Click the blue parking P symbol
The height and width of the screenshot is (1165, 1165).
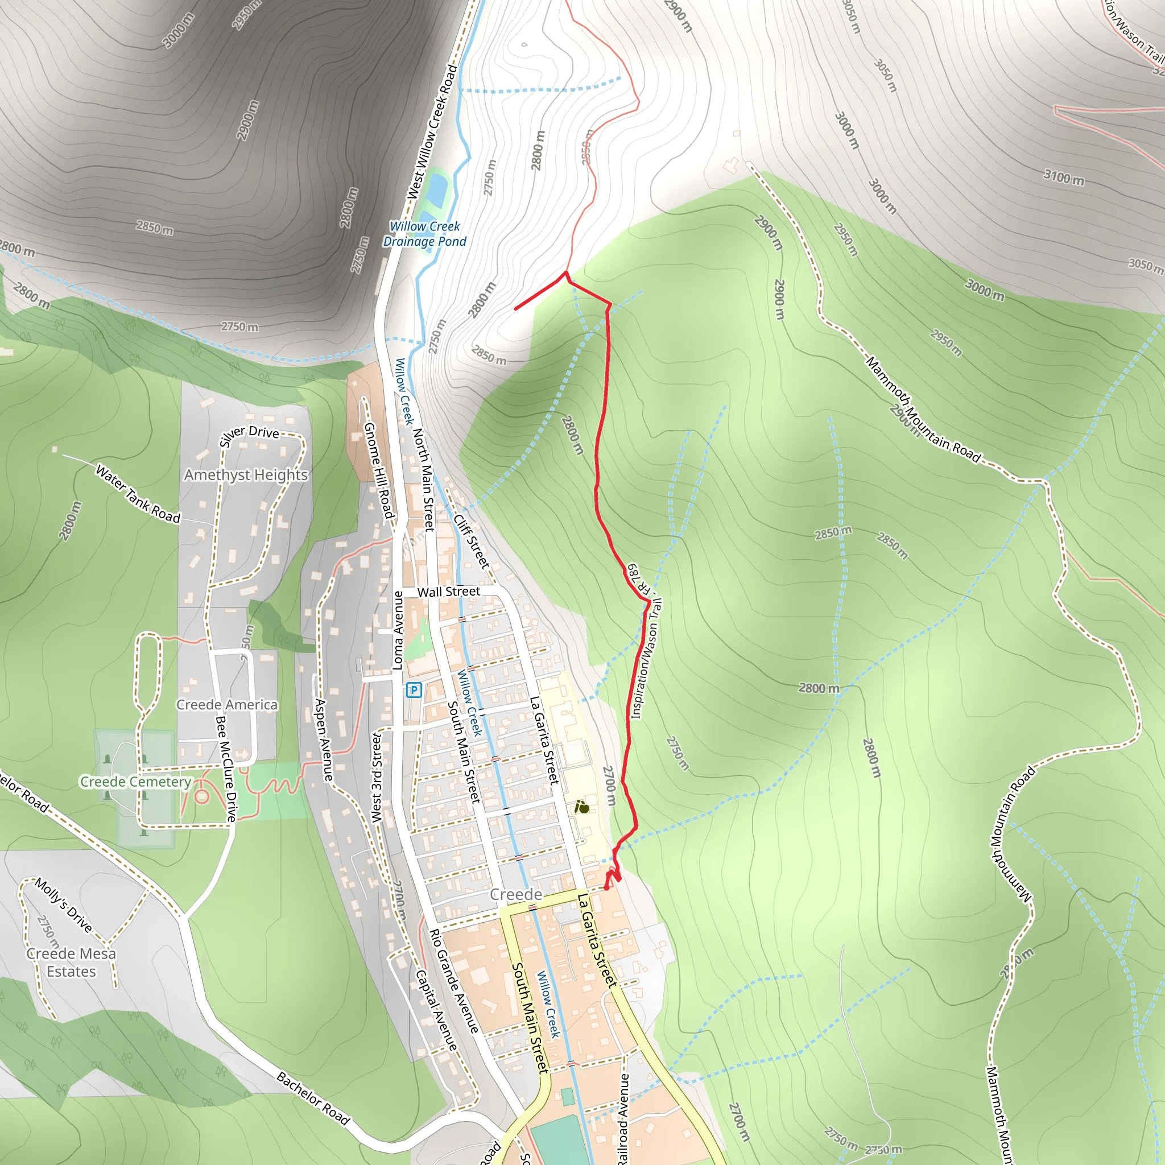(x=414, y=690)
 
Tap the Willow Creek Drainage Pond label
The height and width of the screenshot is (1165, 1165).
(x=425, y=234)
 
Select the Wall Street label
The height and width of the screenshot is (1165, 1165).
(x=449, y=592)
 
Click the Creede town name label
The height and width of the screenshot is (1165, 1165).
(x=515, y=894)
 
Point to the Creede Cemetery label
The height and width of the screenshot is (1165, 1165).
(x=136, y=782)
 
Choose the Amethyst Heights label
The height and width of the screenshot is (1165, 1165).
(x=246, y=475)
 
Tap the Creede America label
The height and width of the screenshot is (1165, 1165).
(x=228, y=705)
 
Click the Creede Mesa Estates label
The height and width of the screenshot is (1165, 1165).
(x=71, y=962)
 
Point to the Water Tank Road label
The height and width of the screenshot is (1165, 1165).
(x=138, y=494)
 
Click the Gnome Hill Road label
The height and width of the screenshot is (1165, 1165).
(x=379, y=470)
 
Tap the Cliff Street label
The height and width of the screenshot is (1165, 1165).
(x=471, y=541)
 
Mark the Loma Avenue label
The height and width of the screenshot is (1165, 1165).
(x=398, y=630)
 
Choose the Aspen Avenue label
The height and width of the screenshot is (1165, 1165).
(x=324, y=740)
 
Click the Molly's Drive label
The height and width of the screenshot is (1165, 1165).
(x=64, y=905)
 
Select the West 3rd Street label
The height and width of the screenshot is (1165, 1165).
(x=376, y=777)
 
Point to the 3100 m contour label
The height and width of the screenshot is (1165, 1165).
(x=1064, y=177)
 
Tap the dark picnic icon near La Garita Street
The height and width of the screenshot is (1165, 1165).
(x=582, y=807)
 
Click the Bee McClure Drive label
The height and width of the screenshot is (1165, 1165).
(x=226, y=769)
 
